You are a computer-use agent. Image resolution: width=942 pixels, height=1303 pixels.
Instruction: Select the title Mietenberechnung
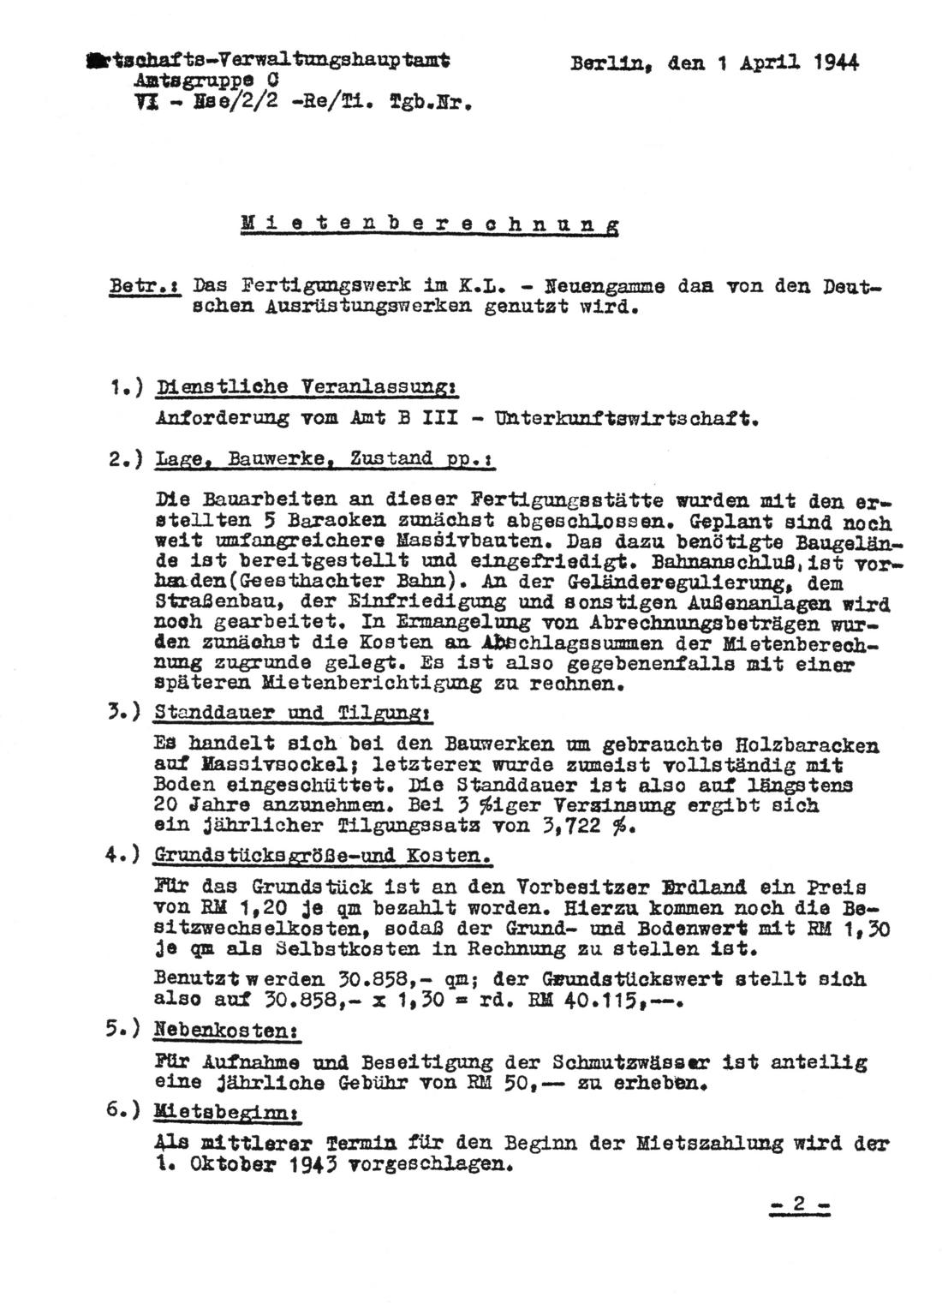tap(430, 225)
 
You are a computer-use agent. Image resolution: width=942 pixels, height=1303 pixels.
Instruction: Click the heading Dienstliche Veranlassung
tap(307, 387)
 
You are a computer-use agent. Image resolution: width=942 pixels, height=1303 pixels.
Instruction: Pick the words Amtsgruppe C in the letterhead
tap(206, 81)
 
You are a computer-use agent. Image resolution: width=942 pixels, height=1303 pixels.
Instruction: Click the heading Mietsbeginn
tap(226, 1112)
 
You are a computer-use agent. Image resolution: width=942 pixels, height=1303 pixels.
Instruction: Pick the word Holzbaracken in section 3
tap(812, 744)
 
